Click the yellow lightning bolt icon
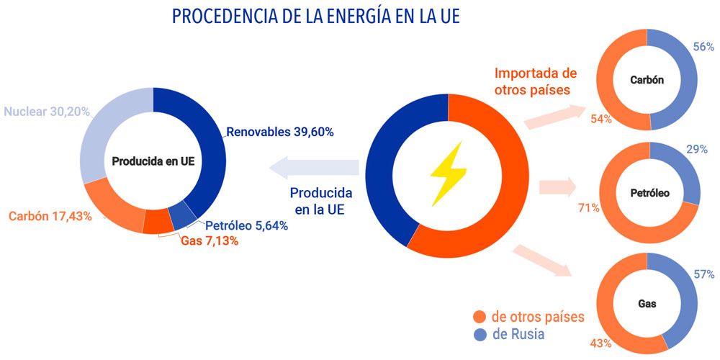[x=448, y=173]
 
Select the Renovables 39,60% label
[x=280, y=132]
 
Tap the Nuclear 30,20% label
[x=47, y=112]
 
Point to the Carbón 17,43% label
[x=50, y=215]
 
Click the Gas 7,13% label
[x=210, y=241]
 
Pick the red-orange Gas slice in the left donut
[x=158, y=222]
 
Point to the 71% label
[x=589, y=209]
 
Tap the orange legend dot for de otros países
[x=480, y=317]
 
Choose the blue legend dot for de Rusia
[x=480, y=335]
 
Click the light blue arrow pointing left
[x=313, y=168]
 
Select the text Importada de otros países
[x=535, y=81]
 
